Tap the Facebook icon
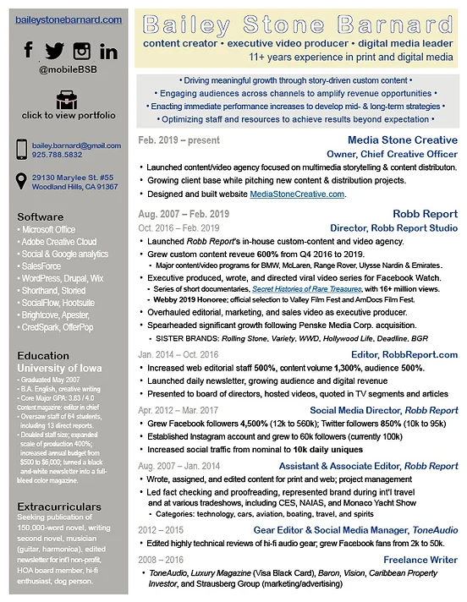(29, 51)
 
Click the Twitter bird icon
(54, 52)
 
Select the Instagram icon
(81, 52)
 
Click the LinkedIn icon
(107, 52)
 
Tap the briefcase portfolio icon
(68, 100)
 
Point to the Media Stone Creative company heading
(402, 140)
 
